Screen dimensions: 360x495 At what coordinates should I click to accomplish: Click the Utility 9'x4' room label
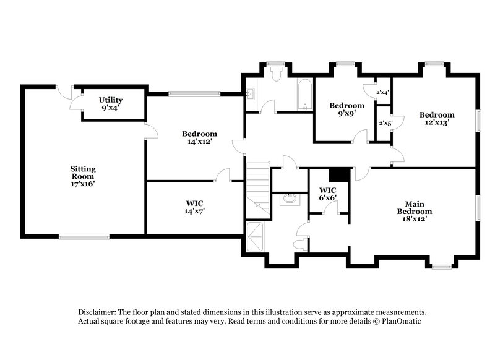(x=111, y=103)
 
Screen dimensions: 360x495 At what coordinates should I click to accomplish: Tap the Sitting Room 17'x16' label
(x=82, y=176)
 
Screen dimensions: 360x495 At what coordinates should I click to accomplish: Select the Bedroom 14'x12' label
(x=199, y=137)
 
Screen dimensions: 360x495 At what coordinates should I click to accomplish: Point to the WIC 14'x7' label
(x=195, y=207)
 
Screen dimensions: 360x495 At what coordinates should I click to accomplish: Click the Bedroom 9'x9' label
(x=346, y=109)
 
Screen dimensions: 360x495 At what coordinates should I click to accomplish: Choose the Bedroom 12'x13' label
(x=437, y=118)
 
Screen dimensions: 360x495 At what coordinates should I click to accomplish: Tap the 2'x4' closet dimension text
(x=382, y=93)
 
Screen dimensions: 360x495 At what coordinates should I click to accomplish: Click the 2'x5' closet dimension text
(x=384, y=123)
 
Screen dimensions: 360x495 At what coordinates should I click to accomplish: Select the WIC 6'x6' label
(x=327, y=194)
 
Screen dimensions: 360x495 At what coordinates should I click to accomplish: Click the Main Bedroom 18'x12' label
(x=413, y=210)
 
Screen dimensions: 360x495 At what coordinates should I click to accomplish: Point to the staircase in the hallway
(x=258, y=186)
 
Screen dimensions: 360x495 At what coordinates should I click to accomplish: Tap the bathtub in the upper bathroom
(x=305, y=95)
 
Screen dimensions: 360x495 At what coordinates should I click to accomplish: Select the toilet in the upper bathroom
(x=277, y=74)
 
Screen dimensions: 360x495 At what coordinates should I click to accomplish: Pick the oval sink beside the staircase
(x=289, y=199)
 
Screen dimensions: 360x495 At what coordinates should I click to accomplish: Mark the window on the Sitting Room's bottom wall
(x=85, y=236)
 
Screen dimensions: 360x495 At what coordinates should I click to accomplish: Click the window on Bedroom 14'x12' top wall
(x=193, y=94)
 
